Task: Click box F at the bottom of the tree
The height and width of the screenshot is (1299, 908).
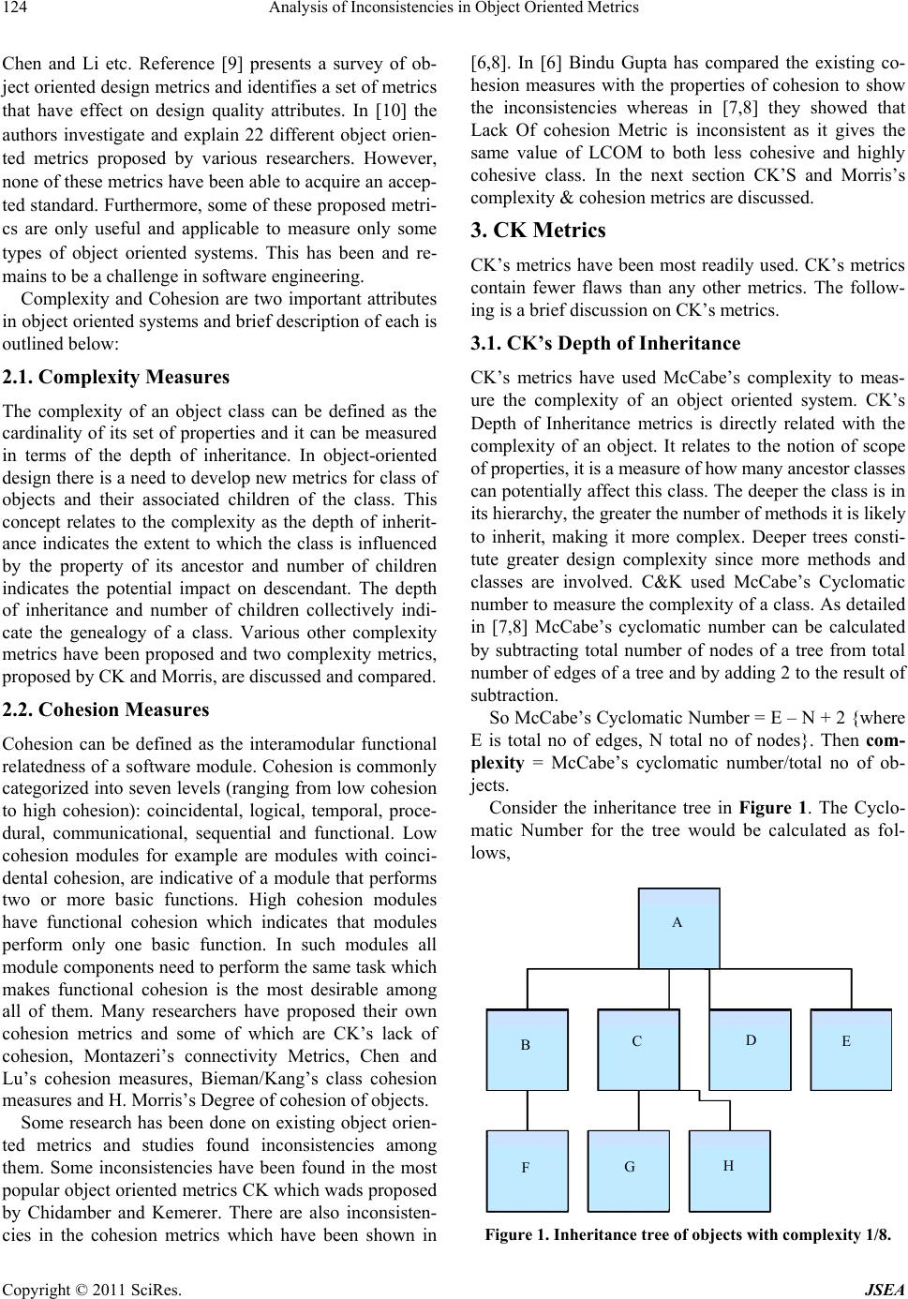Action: [527, 1171]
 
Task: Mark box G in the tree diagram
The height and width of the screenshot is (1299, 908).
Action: [629, 1171]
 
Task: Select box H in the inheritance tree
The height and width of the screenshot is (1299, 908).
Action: [729, 1171]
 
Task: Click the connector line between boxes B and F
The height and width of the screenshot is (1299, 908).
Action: [528, 1111]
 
